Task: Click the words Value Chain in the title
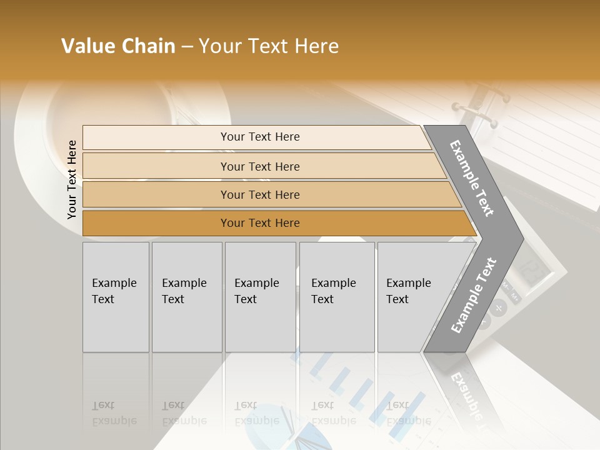(x=118, y=46)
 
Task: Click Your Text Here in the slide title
(x=269, y=46)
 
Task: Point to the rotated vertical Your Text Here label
(x=72, y=179)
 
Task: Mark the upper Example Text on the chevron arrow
(x=472, y=178)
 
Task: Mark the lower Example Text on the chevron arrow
(x=474, y=296)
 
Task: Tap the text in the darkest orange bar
(x=260, y=223)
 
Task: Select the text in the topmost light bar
(x=260, y=137)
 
